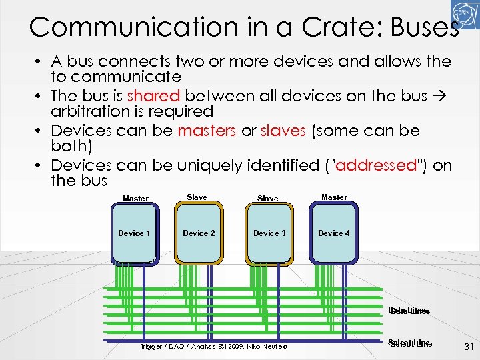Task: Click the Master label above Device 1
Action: coord(136,199)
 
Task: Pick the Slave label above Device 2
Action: coord(197,197)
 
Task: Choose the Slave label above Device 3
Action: coord(268,199)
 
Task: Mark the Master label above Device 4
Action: coord(334,197)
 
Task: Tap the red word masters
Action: coord(207,131)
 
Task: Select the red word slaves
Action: coord(283,131)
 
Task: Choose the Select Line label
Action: coord(409,343)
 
